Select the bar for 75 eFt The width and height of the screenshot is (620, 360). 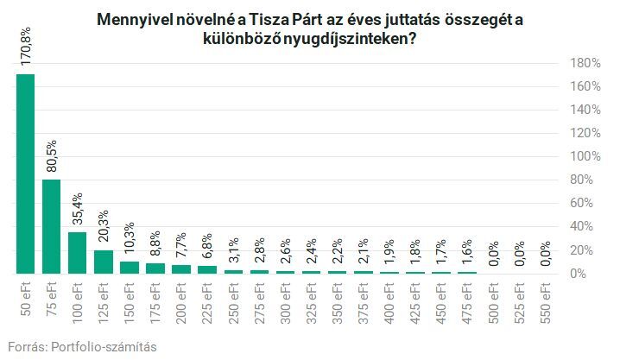[x=52, y=226]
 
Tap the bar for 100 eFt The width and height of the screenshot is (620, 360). [x=78, y=253]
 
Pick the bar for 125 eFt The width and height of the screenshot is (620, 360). [x=104, y=262]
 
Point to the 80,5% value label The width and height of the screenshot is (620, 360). [x=52, y=158]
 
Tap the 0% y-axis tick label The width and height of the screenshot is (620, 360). [x=586, y=274]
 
